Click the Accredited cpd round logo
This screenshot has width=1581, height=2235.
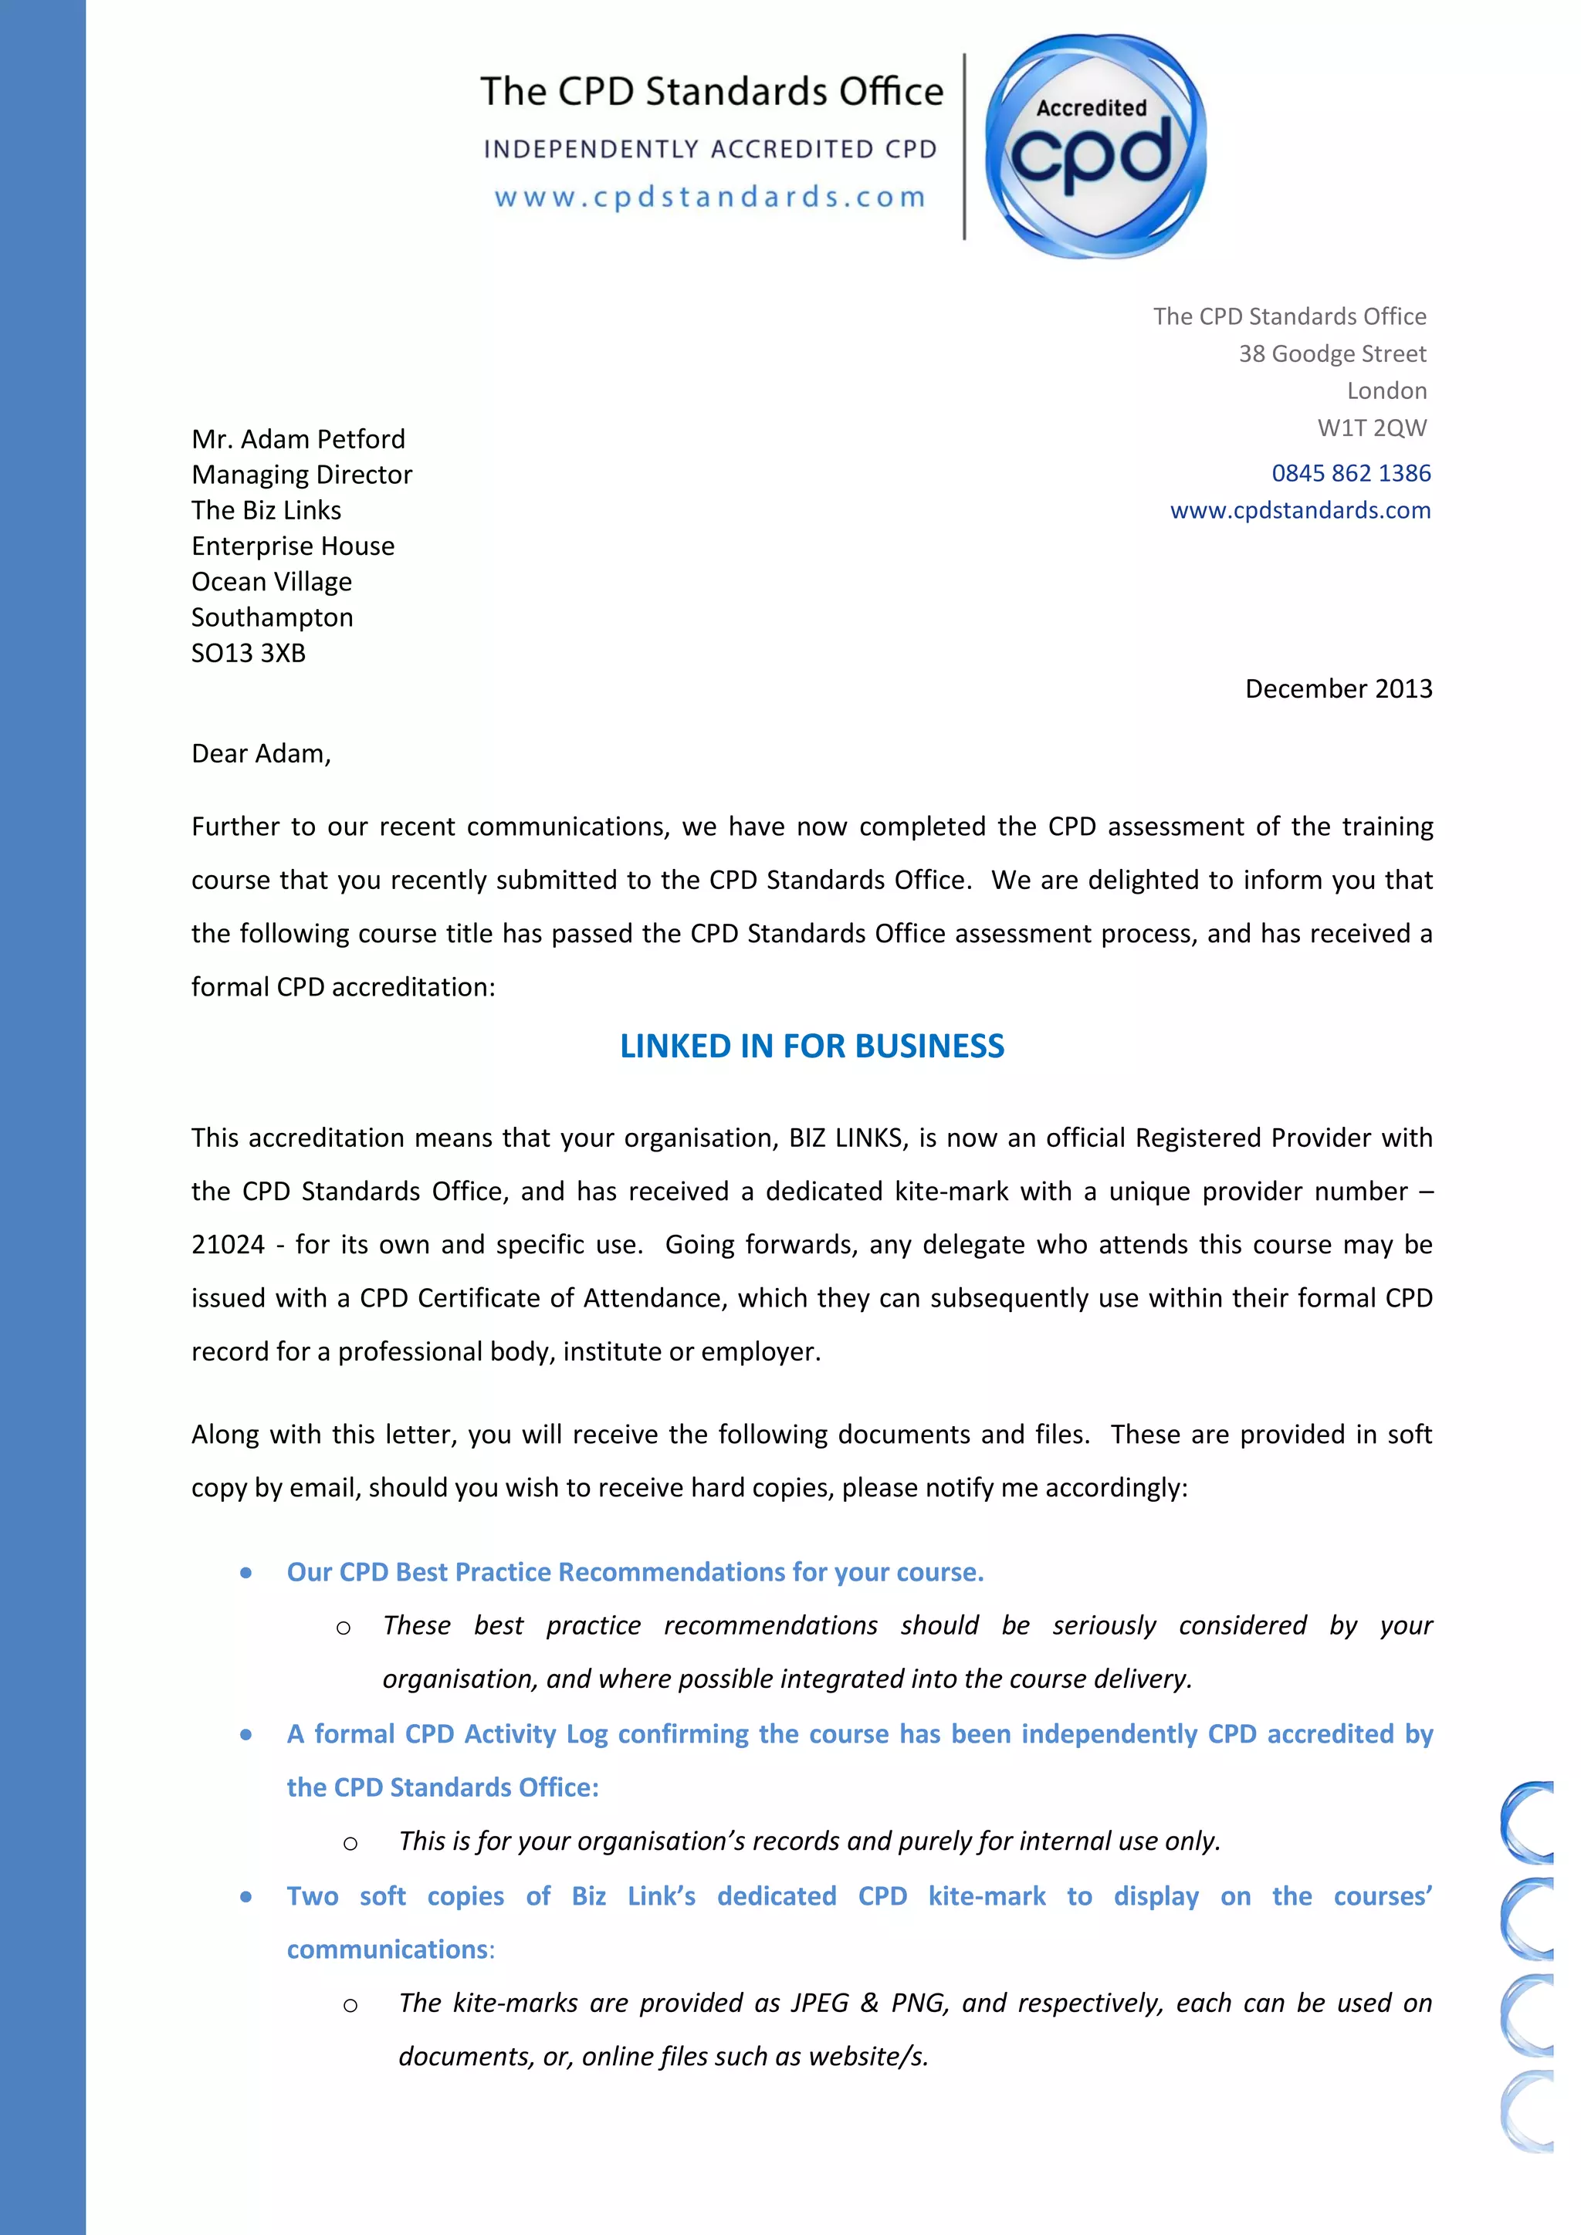point(1095,146)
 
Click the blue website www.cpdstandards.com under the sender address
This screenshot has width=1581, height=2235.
point(1300,510)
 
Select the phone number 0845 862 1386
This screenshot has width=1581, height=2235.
point(1350,473)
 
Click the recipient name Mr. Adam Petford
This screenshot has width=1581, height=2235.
point(298,439)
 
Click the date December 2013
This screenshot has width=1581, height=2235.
point(1338,689)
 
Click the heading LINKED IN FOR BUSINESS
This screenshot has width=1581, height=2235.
point(812,1046)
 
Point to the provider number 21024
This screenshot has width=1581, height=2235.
point(228,1245)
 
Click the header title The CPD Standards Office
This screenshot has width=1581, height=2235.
point(712,92)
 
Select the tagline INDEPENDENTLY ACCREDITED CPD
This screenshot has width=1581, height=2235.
point(709,149)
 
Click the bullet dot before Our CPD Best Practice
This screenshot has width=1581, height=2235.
point(246,1573)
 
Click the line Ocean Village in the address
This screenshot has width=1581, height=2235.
point(272,582)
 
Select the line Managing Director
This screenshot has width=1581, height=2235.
point(302,475)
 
